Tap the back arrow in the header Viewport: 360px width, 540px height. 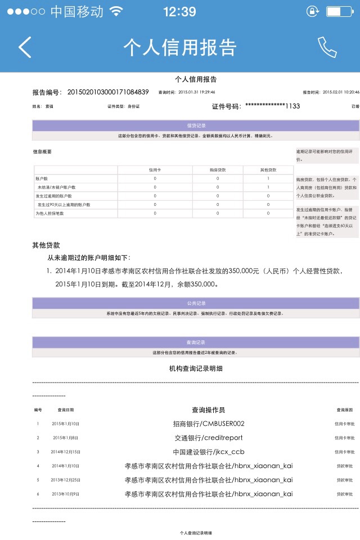pos(25,47)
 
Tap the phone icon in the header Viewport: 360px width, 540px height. pos(327,47)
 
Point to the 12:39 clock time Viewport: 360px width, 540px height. pos(179,11)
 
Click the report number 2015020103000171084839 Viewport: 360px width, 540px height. pos(108,92)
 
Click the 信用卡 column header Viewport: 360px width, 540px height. pos(155,169)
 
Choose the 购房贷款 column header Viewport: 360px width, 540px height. pos(217,169)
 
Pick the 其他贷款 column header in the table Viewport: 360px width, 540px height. pos(268,169)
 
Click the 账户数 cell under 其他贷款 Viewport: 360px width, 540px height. pos(268,178)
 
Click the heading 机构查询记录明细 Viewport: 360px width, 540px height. pos(196,369)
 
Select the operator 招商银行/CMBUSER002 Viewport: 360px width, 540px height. pos(208,424)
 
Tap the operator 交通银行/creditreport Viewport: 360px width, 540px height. pos(208,438)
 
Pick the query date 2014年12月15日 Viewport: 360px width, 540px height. pos(66,452)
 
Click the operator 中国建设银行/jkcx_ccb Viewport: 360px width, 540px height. pos(208,452)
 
